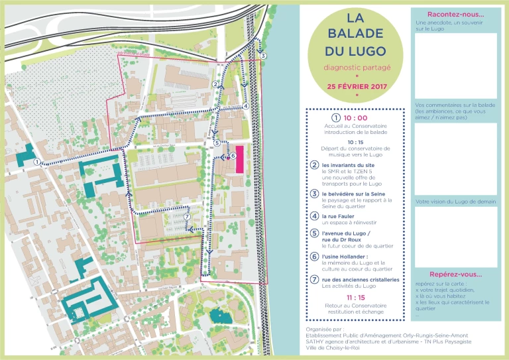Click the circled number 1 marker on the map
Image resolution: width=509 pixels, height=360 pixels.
coord(36,162)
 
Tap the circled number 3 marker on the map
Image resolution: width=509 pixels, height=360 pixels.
coord(263,56)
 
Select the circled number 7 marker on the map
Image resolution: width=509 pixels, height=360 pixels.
coord(188,217)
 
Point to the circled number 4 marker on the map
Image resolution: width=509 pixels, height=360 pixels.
coord(245,105)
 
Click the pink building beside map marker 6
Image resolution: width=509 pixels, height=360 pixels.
coord(239,160)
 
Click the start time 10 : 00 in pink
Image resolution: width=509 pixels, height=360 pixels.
coord(355,118)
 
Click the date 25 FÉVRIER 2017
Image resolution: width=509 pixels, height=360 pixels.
coord(357,86)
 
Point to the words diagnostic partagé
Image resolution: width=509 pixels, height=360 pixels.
coord(357,68)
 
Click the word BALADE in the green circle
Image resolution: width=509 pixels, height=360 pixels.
coord(357,33)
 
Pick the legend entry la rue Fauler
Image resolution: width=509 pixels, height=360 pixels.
coord(339,216)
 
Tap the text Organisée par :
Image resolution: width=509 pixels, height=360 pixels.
coord(325,328)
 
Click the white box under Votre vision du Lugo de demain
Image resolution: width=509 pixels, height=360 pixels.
coord(455,237)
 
